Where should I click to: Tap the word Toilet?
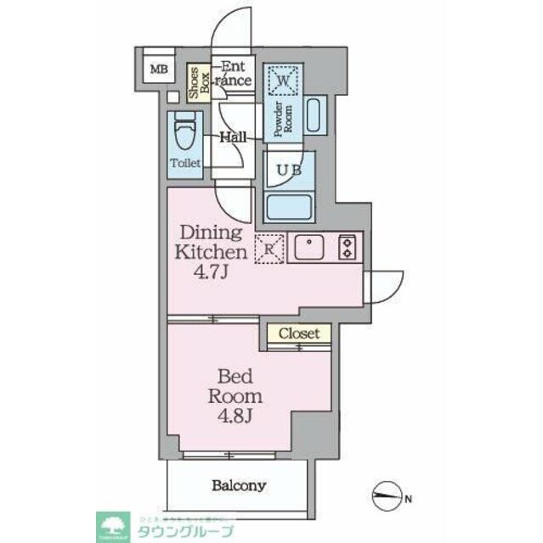click(x=185, y=163)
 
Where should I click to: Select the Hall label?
click(x=233, y=137)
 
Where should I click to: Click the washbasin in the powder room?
click(x=314, y=115)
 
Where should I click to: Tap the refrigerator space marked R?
click(x=269, y=249)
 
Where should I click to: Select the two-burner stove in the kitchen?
click(x=347, y=247)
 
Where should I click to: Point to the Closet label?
click(x=299, y=333)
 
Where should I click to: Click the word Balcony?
click(x=240, y=486)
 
